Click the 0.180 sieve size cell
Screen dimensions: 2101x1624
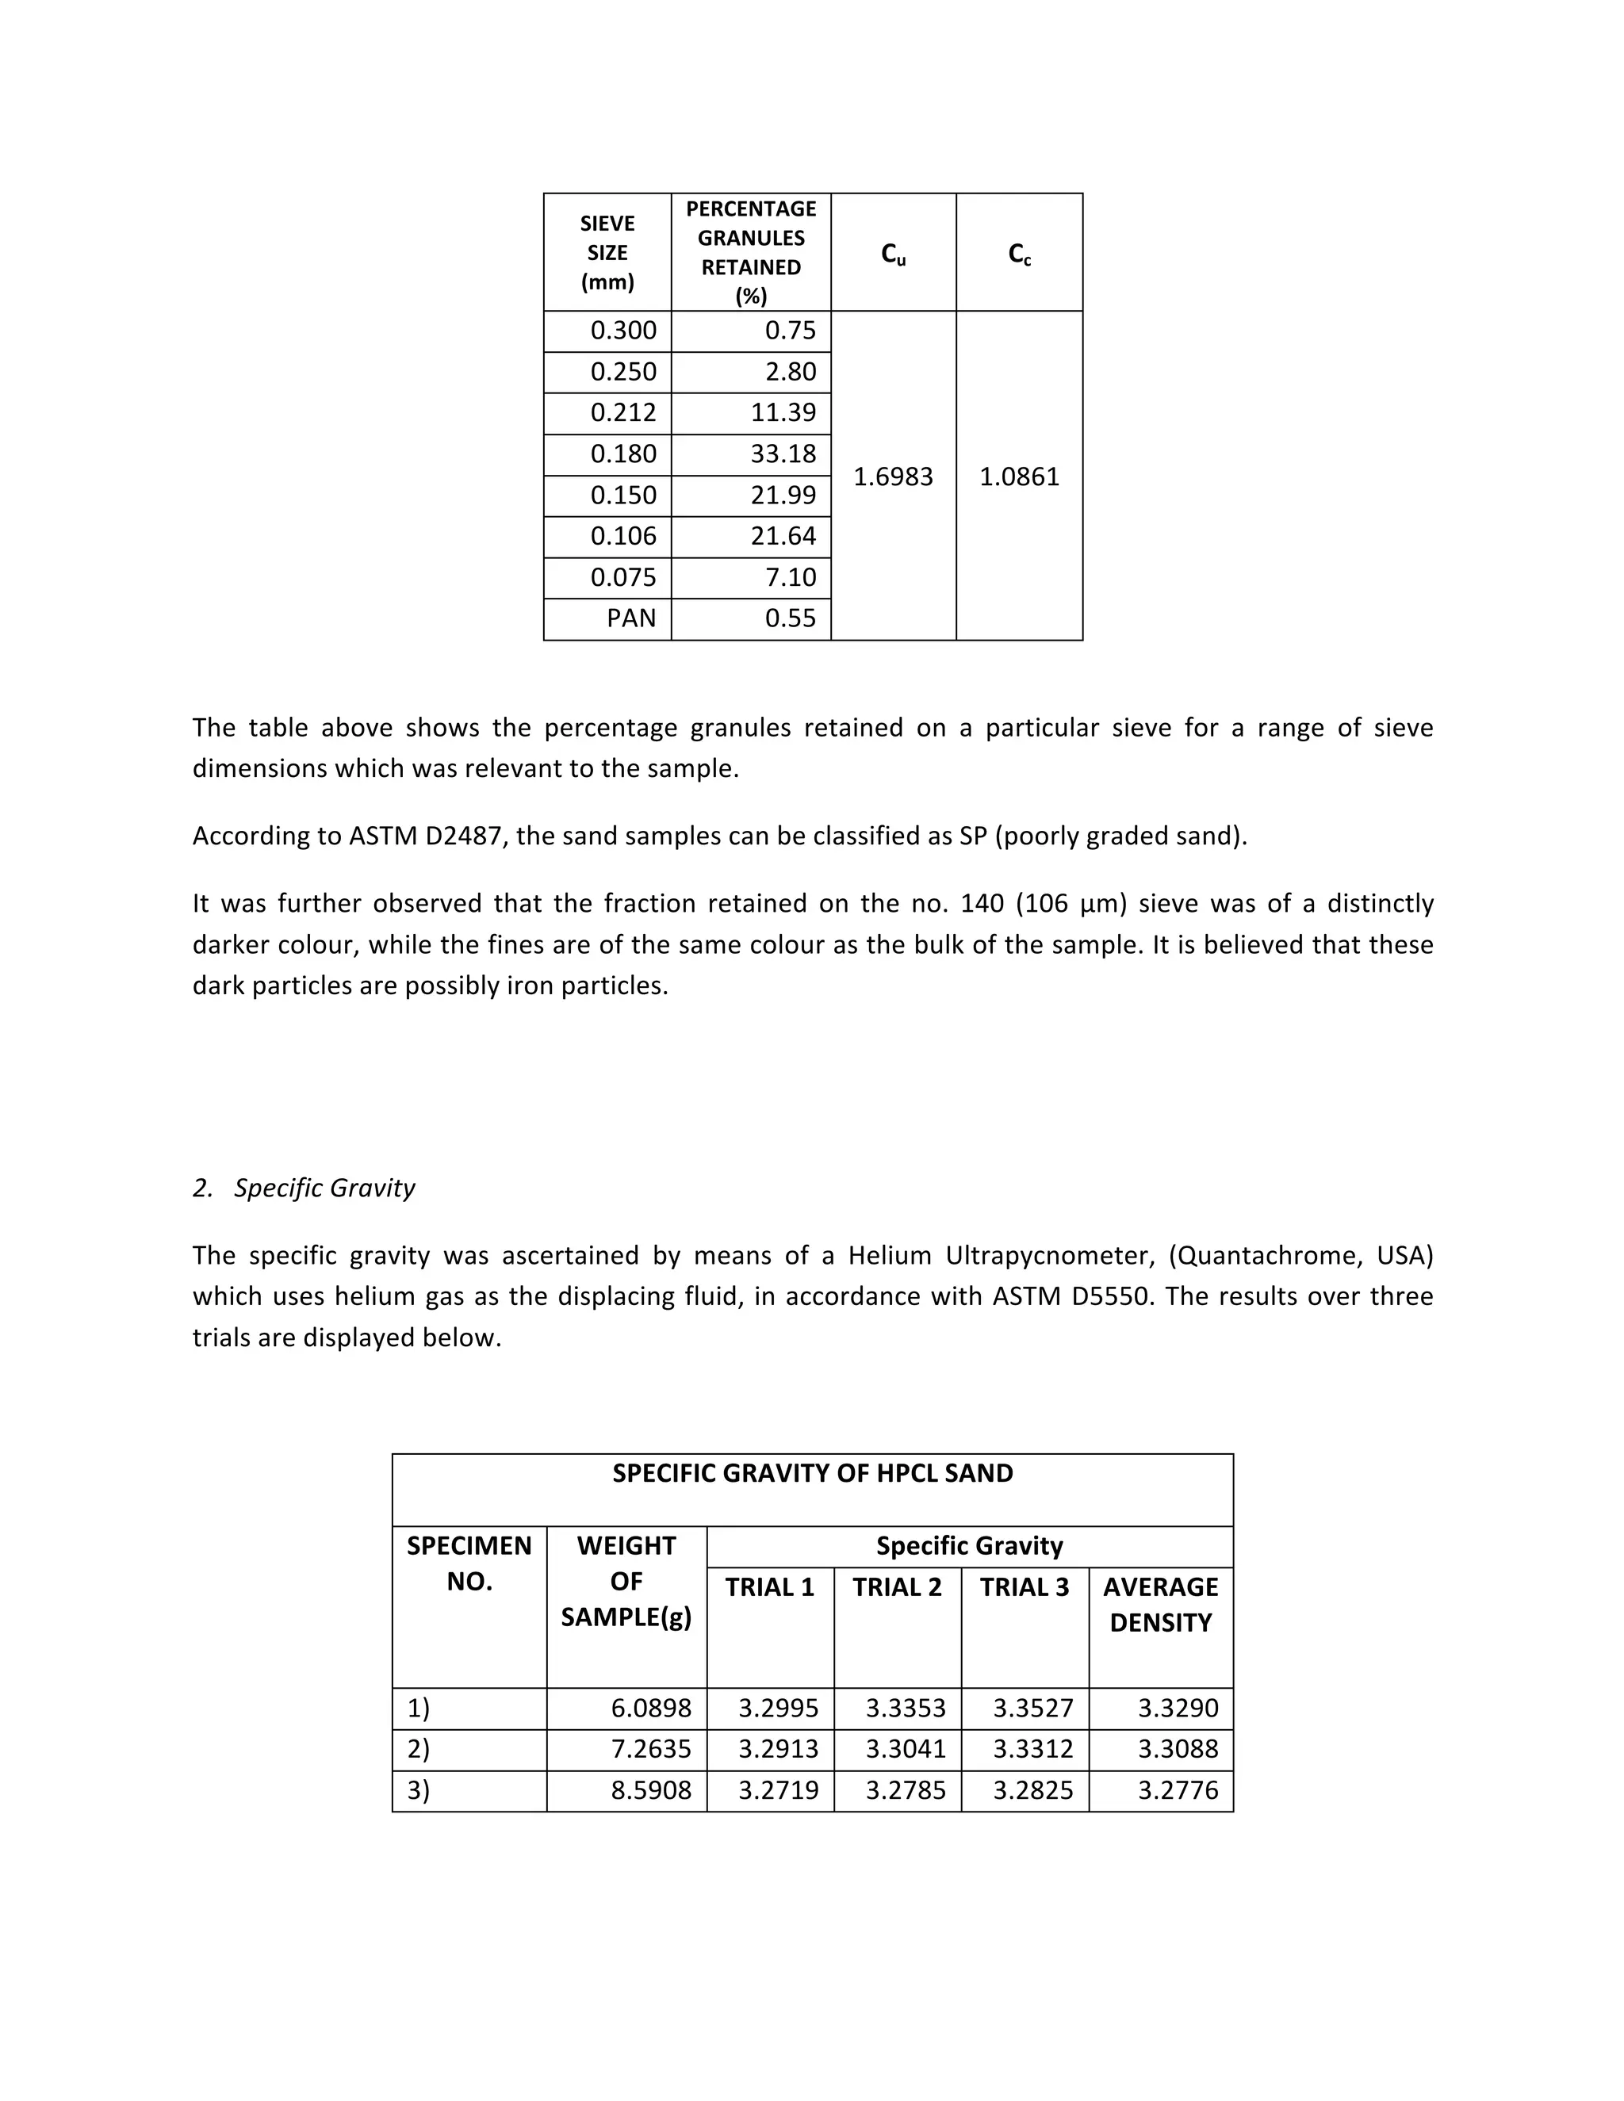pos(622,454)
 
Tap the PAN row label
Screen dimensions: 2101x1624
pos(630,618)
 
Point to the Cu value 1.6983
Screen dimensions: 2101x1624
pos(893,477)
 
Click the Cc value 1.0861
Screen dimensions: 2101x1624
pos(1019,477)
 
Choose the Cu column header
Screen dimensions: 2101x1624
pos(893,254)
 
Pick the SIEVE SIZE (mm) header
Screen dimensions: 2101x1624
pos(607,252)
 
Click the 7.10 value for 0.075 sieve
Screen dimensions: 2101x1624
pos(790,577)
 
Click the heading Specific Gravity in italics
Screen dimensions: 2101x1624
pos(324,1188)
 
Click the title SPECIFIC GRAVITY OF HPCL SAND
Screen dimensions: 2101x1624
pos(812,1474)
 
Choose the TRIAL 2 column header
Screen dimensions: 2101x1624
pos(897,1587)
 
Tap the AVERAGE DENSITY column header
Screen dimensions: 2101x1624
pos(1160,1605)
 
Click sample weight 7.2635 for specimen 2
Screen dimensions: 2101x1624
pos(650,1749)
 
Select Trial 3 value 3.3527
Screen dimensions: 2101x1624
pos(1032,1708)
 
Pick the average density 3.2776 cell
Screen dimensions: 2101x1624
pos(1178,1790)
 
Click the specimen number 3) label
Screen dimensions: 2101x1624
pos(419,1790)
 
